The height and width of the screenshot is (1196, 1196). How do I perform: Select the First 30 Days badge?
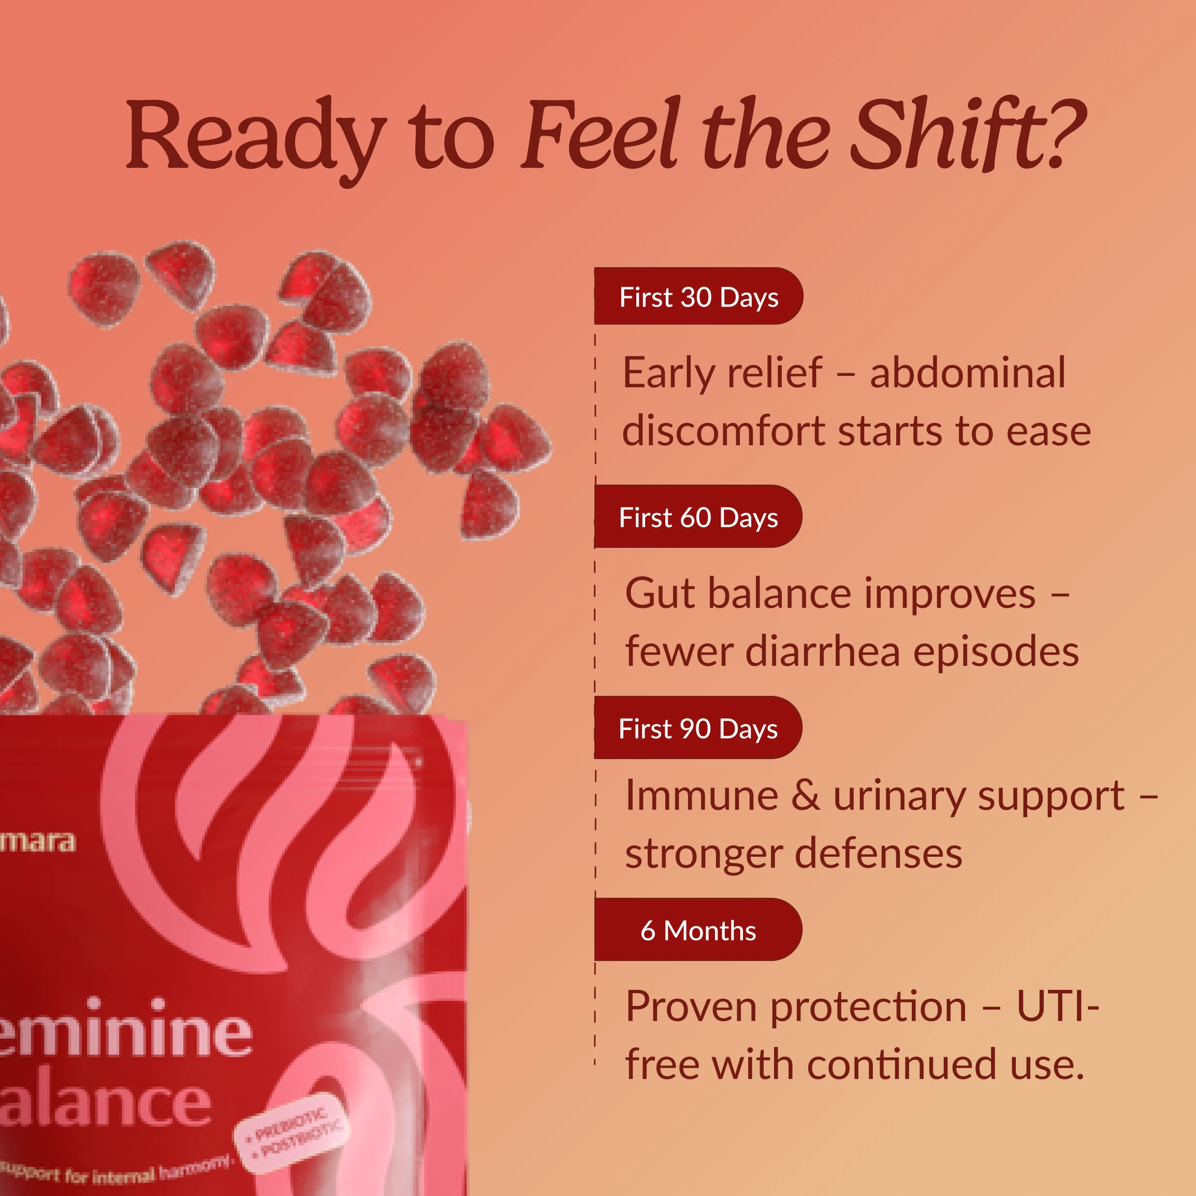tap(698, 297)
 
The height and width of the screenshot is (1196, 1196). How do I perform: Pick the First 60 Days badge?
tap(698, 517)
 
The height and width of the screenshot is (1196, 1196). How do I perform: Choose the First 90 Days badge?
tap(698, 728)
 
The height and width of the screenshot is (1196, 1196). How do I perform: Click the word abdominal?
tap(967, 373)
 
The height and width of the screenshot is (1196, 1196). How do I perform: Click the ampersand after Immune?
tap(806, 795)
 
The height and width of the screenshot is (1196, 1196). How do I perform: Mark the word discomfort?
tap(723, 431)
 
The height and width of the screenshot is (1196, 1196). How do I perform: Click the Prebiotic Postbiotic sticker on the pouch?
tap(291, 1131)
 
